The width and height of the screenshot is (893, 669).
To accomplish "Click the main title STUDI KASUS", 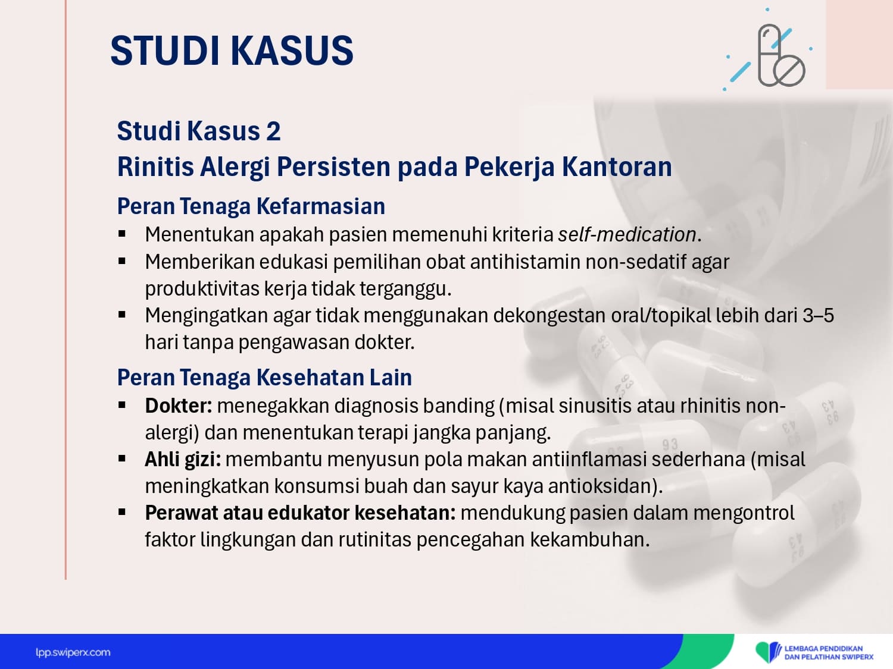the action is (232, 51).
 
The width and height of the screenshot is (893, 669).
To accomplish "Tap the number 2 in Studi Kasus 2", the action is (273, 131).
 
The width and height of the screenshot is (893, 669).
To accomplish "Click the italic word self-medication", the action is (627, 234).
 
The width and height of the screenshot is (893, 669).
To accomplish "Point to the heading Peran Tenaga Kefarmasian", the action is (251, 206).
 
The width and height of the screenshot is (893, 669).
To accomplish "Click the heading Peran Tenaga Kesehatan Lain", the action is (264, 378).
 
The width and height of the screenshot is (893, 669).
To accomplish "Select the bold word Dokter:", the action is (179, 406).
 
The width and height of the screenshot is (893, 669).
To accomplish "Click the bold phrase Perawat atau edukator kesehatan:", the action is (300, 513).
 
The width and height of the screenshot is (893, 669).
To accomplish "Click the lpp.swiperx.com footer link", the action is (73, 653).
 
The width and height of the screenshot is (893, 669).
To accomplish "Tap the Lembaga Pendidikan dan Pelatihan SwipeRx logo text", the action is (829, 653).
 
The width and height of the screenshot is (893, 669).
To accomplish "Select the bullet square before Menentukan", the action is (121, 234).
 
